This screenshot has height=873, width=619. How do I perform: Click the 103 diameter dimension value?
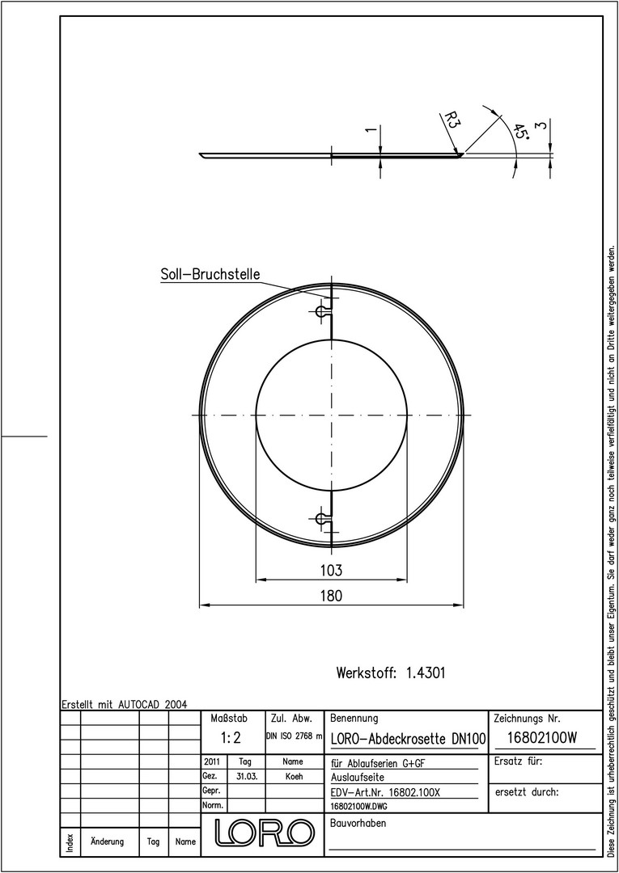click(x=331, y=570)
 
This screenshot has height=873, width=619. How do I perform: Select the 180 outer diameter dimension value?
click(x=331, y=595)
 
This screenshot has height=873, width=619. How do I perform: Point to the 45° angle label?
click(x=520, y=132)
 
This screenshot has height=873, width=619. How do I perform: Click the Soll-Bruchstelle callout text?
click(x=210, y=275)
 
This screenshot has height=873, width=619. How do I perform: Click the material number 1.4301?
click(x=426, y=673)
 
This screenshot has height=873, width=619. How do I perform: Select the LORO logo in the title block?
click(x=262, y=832)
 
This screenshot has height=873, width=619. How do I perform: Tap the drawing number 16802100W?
click(x=542, y=738)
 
